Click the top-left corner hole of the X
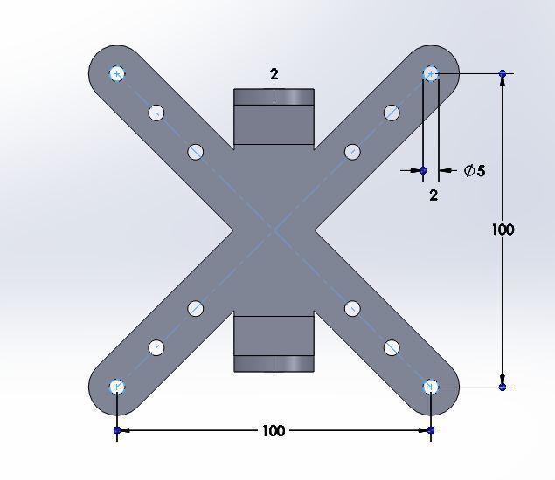(x=117, y=73)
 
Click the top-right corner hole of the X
(x=430, y=73)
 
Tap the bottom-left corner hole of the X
(x=117, y=387)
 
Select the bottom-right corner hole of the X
(x=430, y=387)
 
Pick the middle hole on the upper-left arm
(x=156, y=113)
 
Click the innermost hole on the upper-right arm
(x=352, y=152)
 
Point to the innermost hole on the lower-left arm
(x=195, y=308)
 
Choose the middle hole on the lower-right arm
(x=392, y=347)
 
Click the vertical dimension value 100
(x=503, y=230)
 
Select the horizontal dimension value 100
(x=273, y=430)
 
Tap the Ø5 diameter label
(x=475, y=171)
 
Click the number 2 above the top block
(x=274, y=75)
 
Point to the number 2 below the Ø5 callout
(x=434, y=195)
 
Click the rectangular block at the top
(x=274, y=116)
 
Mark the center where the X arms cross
(x=274, y=230)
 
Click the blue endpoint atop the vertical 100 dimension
(x=503, y=74)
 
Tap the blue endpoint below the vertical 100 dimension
(x=503, y=387)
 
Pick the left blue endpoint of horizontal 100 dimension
(x=117, y=430)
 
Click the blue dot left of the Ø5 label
(x=423, y=171)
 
